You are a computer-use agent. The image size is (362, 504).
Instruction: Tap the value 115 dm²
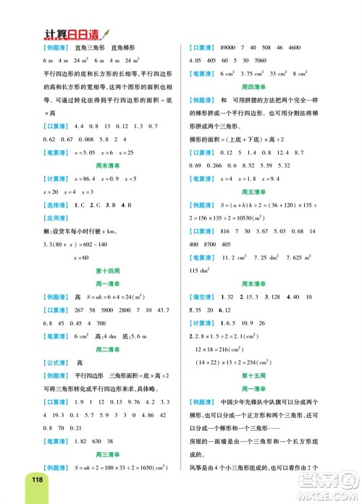point(201,269)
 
